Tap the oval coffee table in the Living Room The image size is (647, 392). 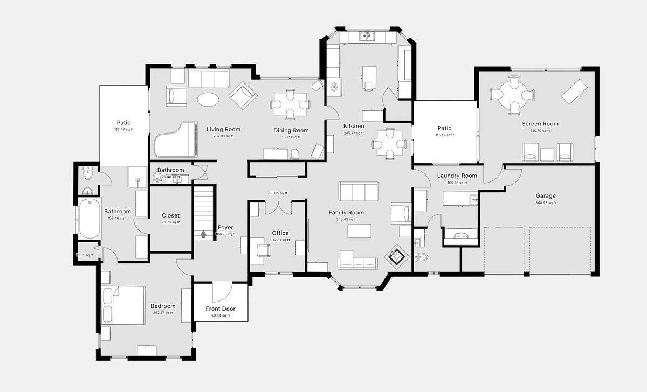[x=208, y=100]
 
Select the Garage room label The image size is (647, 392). [x=546, y=196]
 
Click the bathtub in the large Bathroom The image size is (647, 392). [x=90, y=219]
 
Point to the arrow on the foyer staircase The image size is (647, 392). [x=204, y=234]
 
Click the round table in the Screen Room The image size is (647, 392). [x=513, y=95]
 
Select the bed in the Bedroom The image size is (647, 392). [x=123, y=305]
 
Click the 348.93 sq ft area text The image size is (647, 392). [x=546, y=203]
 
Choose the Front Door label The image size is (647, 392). [x=220, y=309]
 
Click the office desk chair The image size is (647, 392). [x=264, y=250]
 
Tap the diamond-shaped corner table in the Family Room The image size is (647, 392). [x=397, y=257]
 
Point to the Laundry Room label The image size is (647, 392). [x=457, y=176]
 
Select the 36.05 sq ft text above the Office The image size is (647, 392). [x=278, y=193]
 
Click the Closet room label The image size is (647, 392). [x=170, y=215]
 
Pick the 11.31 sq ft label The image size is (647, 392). [x=85, y=255]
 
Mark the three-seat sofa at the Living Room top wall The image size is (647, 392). [x=208, y=79]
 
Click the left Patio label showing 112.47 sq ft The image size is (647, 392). [x=123, y=123]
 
